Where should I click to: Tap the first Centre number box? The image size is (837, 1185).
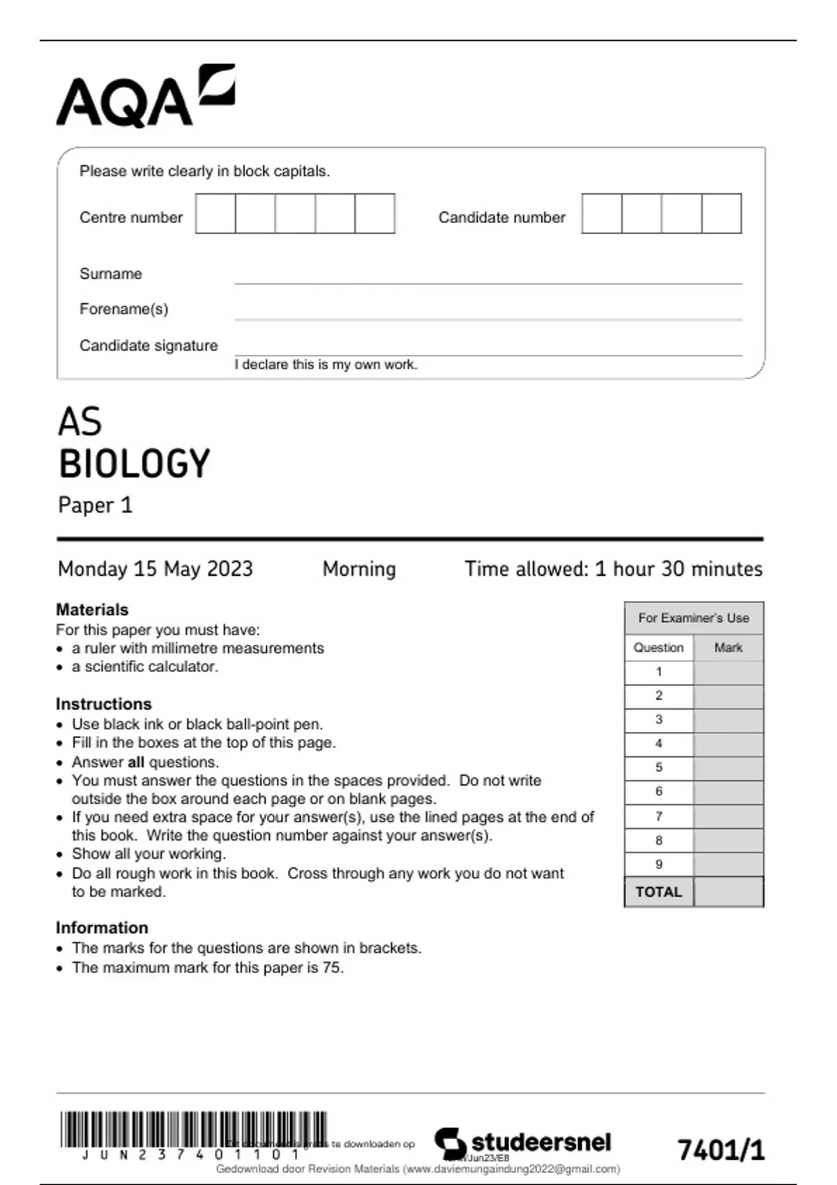pyautogui.click(x=216, y=214)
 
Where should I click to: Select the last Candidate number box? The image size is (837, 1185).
pyautogui.click(x=721, y=214)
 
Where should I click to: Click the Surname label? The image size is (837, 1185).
pyautogui.click(x=111, y=274)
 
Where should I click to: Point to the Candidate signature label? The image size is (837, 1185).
pyautogui.click(x=149, y=346)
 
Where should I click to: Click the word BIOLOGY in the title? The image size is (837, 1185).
pyautogui.click(x=134, y=464)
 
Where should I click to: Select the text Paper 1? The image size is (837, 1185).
pyautogui.click(x=95, y=505)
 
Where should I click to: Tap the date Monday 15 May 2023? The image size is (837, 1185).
pyautogui.click(x=155, y=569)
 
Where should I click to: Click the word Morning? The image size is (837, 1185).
pyautogui.click(x=359, y=569)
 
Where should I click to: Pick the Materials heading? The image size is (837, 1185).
pyautogui.click(x=92, y=610)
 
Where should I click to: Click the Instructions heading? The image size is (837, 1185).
pyautogui.click(x=103, y=704)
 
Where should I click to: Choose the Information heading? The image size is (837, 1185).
pyautogui.click(x=102, y=928)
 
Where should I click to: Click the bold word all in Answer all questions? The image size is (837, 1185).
pyautogui.click(x=136, y=762)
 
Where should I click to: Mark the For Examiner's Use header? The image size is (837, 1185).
pyautogui.click(x=693, y=618)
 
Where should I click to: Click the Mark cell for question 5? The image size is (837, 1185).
pyautogui.click(x=728, y=768)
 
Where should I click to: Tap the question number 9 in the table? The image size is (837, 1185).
pyautogui.click(x=658, y=864)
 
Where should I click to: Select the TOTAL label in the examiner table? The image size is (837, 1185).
pyautogui.click(x=658, y=892)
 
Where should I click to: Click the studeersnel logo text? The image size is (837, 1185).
pyautogui.click(x=541, y=1142)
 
